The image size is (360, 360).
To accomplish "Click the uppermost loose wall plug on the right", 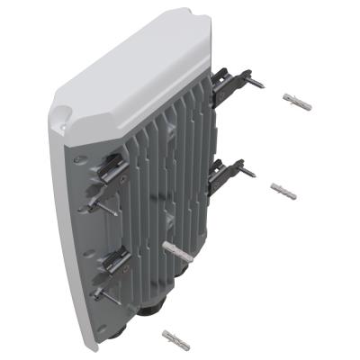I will click(x=296, y=101).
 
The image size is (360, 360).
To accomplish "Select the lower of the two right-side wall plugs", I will click(x=283, y=191).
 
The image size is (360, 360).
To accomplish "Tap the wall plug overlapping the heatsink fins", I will click(x=176, y=248).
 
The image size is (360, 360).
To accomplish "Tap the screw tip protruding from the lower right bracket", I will click(x=249, y=172).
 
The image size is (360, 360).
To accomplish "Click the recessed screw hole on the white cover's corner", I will click(x=60, y=116).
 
